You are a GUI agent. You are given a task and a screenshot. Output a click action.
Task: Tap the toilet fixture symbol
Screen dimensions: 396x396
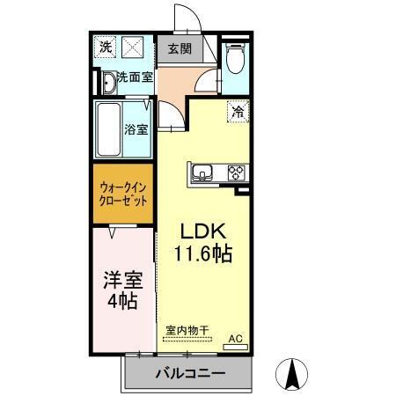tap(235, 61)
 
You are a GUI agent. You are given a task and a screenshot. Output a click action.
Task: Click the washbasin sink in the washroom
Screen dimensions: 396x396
tap(106, 83)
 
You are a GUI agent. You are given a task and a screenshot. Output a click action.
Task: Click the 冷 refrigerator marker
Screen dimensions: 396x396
tap(238, 111)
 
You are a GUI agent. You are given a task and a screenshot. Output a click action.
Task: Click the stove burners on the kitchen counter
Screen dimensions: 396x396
tap(235, 172)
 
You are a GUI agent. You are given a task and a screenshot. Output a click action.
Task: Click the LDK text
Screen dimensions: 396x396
tap(204, 231)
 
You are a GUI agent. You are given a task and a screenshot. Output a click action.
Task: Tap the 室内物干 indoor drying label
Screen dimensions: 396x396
tap(187, 331)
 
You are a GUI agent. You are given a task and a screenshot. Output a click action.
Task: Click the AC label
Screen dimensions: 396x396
tap(236, 337)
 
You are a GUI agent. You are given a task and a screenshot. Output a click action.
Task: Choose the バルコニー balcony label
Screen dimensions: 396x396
tap(189, 373)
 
